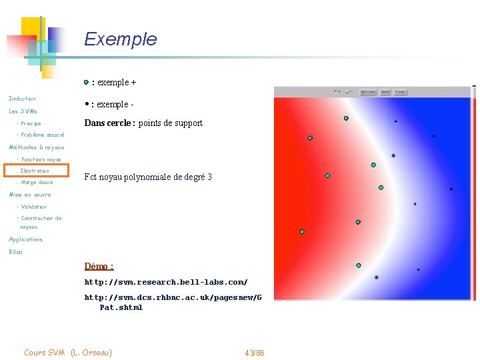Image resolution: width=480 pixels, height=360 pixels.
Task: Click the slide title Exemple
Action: point(120,39)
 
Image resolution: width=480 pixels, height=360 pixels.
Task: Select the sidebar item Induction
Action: point(22,99)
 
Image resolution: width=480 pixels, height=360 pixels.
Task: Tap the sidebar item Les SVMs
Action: point(23,111)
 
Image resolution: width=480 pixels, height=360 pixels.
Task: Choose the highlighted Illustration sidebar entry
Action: point(35,171)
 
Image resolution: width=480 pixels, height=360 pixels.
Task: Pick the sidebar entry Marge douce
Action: point(37,182)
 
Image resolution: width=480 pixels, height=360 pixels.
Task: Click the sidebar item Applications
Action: point(25,239)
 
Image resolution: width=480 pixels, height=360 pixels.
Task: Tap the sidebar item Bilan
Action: point(15,252)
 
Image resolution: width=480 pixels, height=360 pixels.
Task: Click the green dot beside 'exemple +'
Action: point(86,83)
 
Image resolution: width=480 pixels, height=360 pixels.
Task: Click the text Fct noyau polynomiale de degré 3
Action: point(148,177)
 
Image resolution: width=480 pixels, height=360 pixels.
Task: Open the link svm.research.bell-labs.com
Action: point(165,282)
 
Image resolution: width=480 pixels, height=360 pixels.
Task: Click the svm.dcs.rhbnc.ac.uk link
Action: point(173,297)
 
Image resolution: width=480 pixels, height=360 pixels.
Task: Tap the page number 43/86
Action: point(255,353)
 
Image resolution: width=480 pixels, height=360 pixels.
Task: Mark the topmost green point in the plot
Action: point(346,118)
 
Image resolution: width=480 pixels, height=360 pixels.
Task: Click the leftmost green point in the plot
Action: point(302,232)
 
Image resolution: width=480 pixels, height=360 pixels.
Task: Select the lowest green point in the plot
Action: point(358,265)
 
